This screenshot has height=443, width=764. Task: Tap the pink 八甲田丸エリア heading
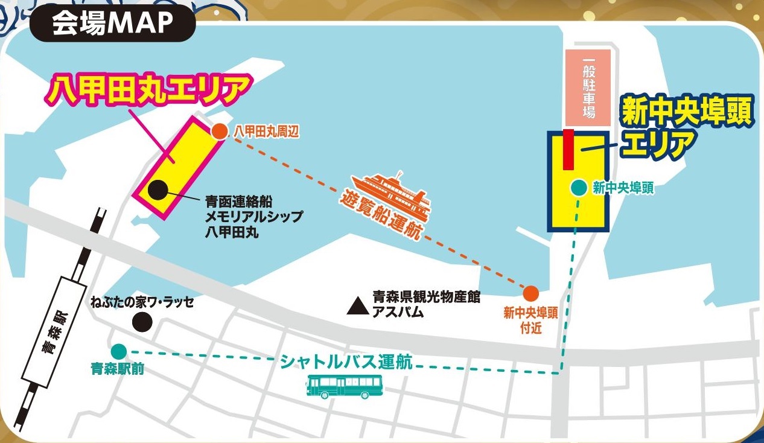tap(148, 91)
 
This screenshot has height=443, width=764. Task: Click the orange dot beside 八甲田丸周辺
tap(220, 130)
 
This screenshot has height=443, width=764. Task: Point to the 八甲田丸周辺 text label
tap(266, 130)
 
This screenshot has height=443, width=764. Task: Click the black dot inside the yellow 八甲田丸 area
tap(158, 190)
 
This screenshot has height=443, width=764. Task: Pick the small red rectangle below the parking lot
tap(567, 148)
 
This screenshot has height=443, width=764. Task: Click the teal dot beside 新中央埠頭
tap(578, 188)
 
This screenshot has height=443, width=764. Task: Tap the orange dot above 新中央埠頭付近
tap(530, 293)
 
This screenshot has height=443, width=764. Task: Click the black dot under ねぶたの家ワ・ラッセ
tap(142, 321)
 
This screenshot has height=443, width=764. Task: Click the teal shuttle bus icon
tap(345, 386)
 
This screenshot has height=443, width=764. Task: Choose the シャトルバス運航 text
tap(346, 362)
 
